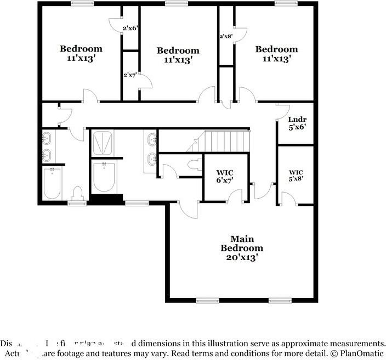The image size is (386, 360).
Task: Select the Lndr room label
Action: [297, 120]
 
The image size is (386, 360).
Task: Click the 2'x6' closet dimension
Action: [130, 28]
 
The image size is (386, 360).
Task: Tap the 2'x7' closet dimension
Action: [130, 75]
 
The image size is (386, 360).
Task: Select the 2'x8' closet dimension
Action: [226, 36]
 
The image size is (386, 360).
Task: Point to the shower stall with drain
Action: [103, 144]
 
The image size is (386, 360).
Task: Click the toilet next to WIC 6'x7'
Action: [192, 164]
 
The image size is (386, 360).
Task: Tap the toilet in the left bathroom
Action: [77, 193]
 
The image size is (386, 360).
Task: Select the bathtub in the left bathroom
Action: [53, 183]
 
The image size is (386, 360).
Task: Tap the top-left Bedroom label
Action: [81, 48]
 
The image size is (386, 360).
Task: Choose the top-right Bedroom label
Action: [277, 49]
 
